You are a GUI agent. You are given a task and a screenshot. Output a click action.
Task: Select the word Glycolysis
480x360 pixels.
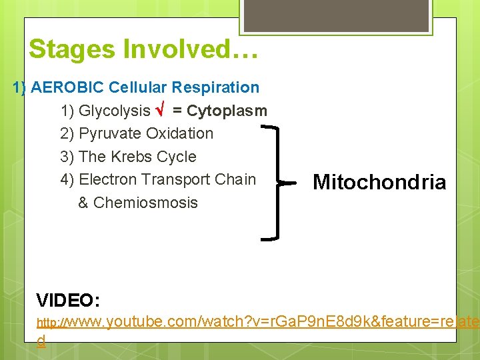click(x=115, y=111)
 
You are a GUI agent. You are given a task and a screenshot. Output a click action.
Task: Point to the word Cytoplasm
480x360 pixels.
click(x=227, y=111)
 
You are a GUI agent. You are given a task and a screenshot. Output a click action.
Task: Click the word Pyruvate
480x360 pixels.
click(x=110, y=133)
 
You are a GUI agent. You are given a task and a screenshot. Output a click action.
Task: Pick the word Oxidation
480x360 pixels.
click(x=180, y=133)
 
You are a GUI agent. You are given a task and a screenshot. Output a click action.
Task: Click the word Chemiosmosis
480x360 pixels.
click(x=146, y=203)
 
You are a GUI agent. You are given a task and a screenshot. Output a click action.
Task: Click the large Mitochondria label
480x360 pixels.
click(x=379, y=182)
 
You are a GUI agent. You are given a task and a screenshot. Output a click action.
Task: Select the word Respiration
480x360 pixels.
click(x=215, y=87)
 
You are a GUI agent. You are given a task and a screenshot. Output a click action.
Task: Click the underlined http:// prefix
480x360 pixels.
click(x=52, y=323)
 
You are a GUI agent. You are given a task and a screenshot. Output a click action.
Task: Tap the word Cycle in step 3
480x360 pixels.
click(x=177, y=157)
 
